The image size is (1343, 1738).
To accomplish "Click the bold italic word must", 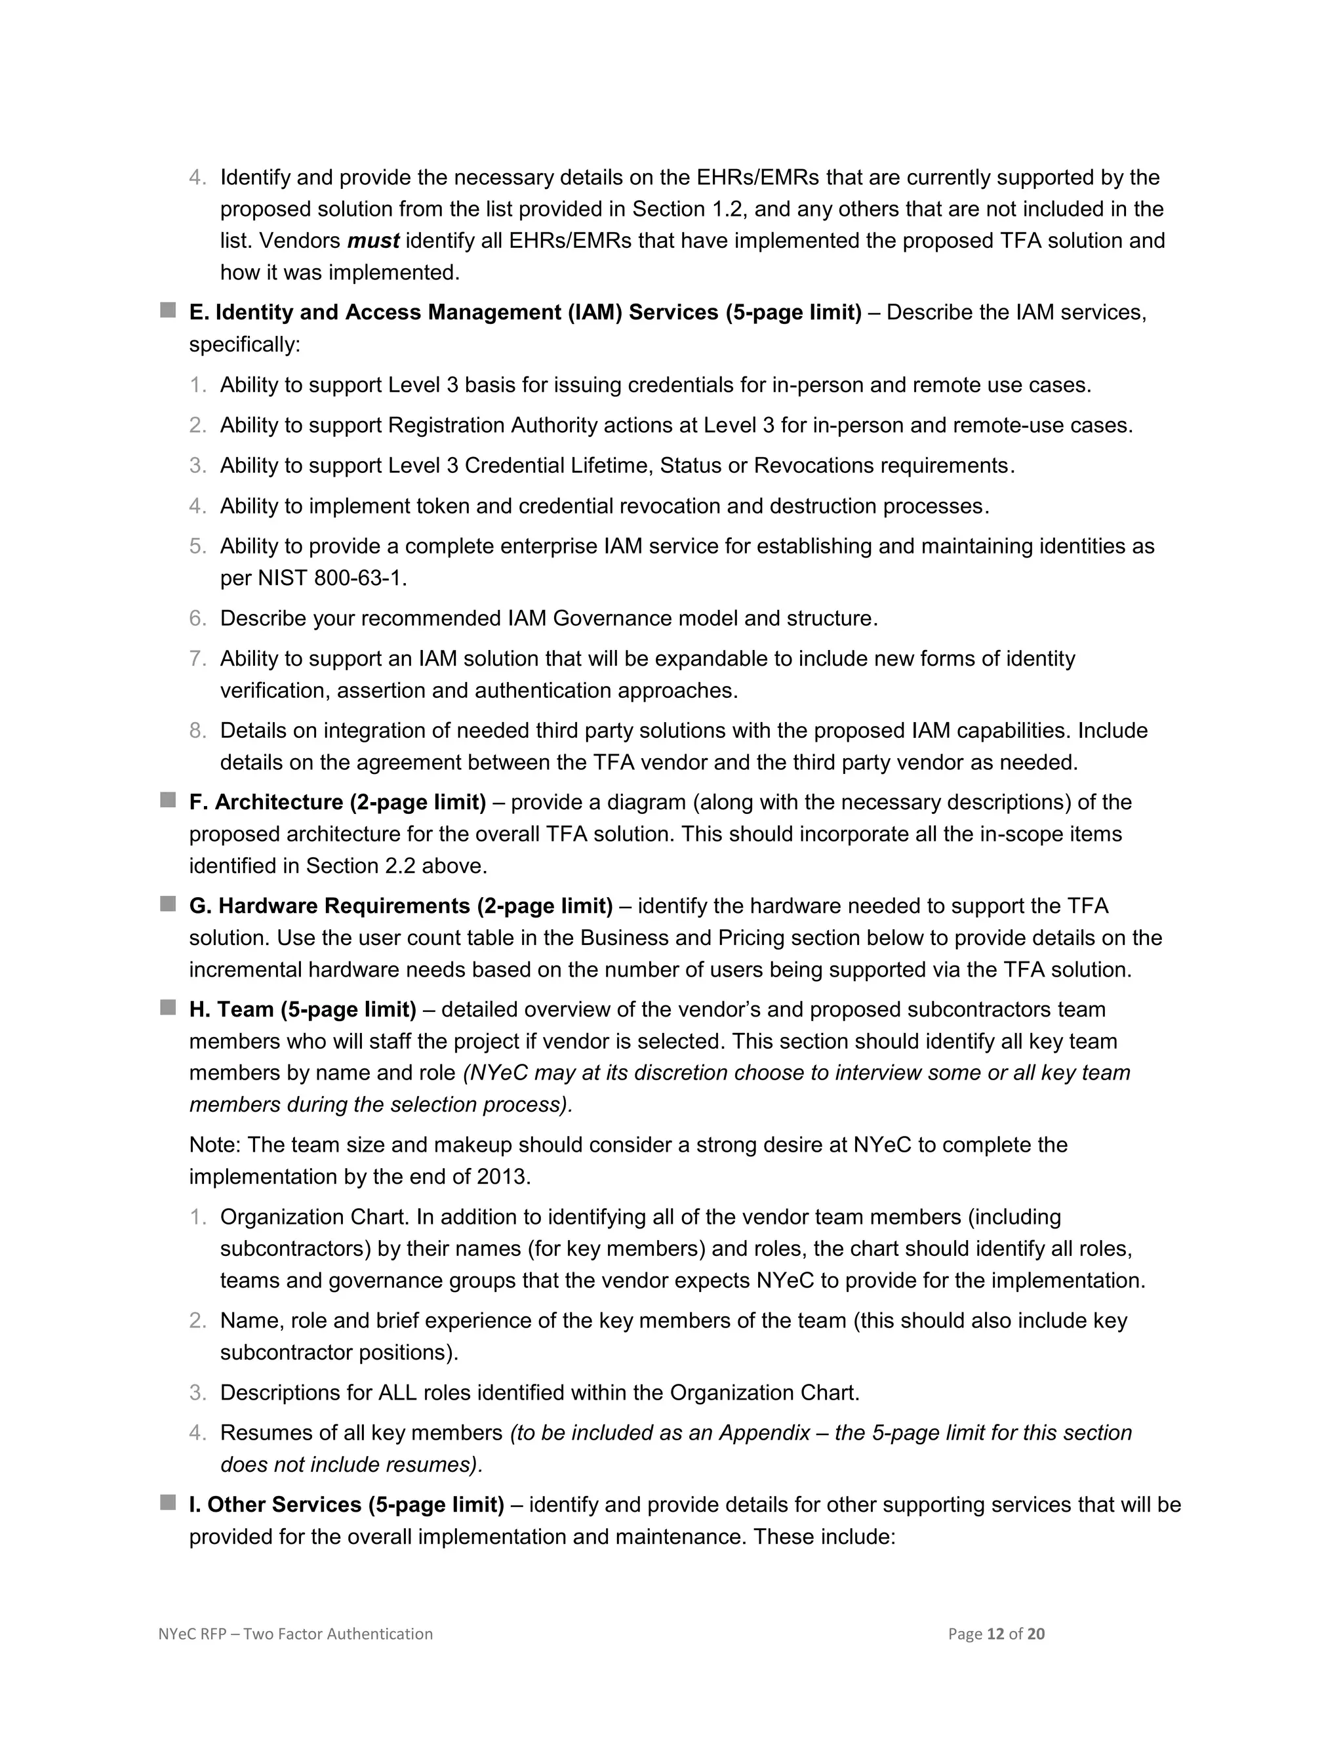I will point(372,240).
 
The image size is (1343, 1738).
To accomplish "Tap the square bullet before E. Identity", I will point(168,310).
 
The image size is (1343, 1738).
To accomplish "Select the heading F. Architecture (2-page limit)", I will point(337,802).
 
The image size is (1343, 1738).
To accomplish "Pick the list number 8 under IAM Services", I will point(197,731).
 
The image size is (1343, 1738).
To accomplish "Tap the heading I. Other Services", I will point(346,1504).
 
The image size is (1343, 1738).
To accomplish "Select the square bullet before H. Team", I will point(168,1007).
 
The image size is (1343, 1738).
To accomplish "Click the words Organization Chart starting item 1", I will point(313,1217).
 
